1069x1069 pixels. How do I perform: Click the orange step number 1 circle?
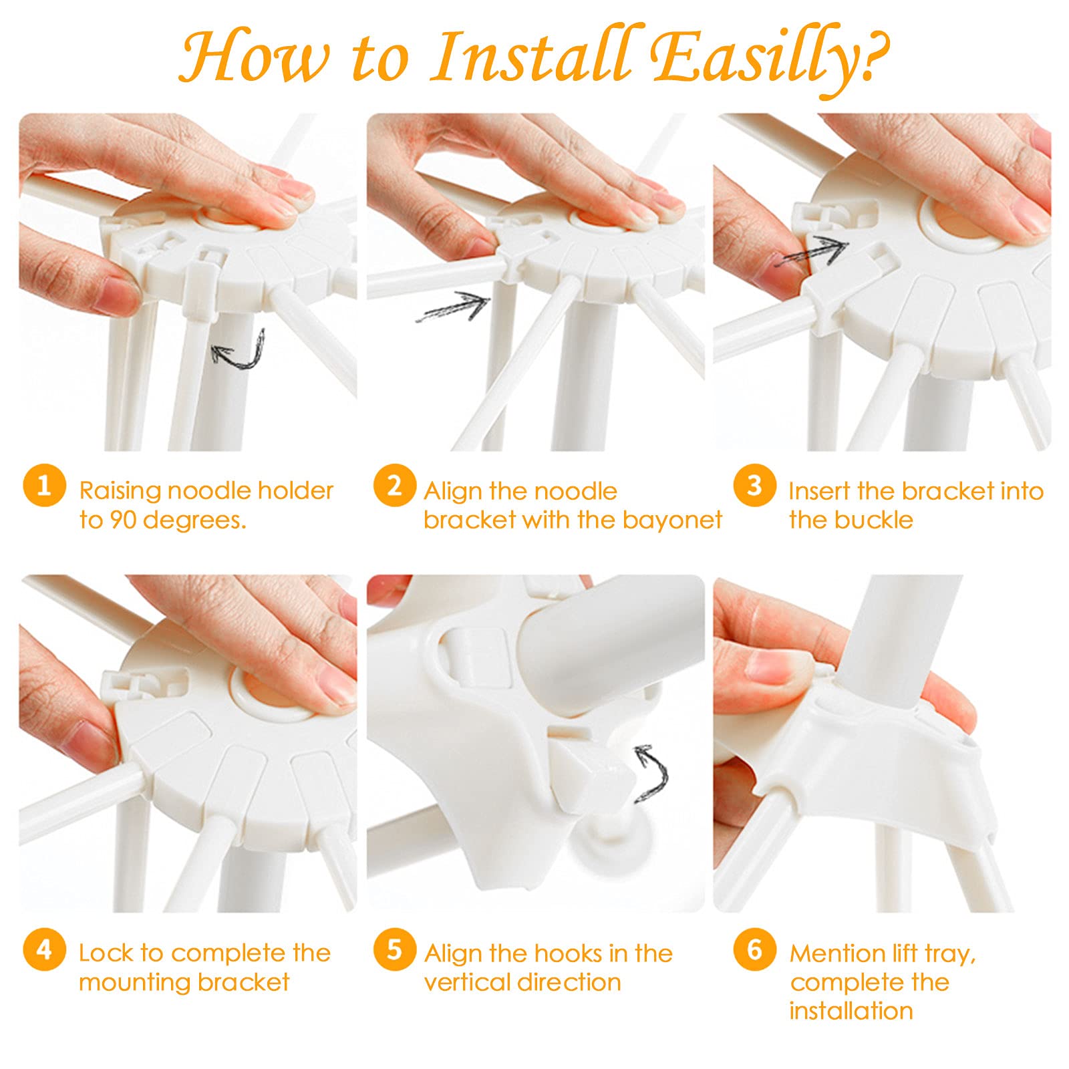(43, 486)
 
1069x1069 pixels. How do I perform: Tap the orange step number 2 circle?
(394, 486)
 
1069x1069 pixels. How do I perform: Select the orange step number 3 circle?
(754, 486)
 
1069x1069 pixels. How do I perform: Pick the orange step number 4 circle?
(43, 949)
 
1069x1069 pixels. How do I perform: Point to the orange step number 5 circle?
(394, 949)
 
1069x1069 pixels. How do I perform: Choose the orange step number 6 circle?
(754, 949)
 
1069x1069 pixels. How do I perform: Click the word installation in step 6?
(851, 1011)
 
